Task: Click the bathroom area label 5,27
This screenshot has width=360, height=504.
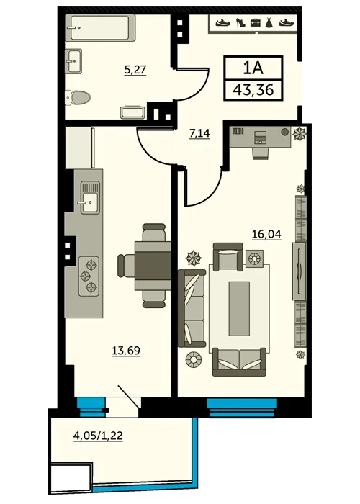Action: pyautogui.click(x=135, y=70)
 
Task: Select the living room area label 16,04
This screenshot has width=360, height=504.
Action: pyautogui.click(x=266, y=234)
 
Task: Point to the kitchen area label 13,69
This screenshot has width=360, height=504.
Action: pyautogui.click(x=126, y=351)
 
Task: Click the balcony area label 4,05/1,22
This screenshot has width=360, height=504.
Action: pyautogui.click(x=98, y=436)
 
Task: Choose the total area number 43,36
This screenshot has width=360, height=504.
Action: pyautogui.click(x=253, y=90)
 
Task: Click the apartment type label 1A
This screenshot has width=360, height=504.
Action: pyautogui.click(x=253, y=68)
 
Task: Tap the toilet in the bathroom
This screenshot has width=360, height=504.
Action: pyautogui.click(x=78, y=97)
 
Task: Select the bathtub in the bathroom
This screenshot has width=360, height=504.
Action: pyautogui.click(x=100, y=27)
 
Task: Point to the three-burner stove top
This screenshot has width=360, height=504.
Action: pyautogui.click(x=89, y=276)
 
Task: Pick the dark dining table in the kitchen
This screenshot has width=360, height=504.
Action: pyautogui.click(x=153, y=266)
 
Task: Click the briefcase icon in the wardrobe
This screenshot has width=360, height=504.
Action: pyautogui.click(x=255, y=23)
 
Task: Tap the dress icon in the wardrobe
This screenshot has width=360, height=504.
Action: pyautogui.click(x=269, y=22)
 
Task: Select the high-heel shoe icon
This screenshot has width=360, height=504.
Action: pyautogui.click(x=240, y=22)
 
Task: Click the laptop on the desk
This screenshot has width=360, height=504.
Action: pyautogui.click(x=261, y=138)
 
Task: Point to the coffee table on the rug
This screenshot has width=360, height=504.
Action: pyautogui.click(x=239, y=309)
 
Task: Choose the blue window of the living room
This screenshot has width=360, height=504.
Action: pyautogui.click(x=242, y=407)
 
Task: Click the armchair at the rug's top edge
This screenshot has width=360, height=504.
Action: pyautogui.click(x=228, y=256)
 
